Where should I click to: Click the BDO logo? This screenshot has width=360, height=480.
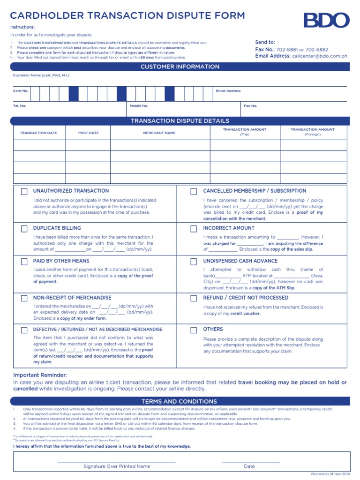pos(326,21)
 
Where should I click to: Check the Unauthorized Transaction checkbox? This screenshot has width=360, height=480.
pos(24,192)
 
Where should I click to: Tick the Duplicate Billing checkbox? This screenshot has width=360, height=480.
pos(24,229)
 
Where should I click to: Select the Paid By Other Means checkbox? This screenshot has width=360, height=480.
pos(24,262)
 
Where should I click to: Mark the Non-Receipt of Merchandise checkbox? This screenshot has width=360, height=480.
pos(24,298)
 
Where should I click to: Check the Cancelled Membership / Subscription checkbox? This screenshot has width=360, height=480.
pos(193,192)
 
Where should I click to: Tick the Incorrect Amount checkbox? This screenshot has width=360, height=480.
pos(193,229)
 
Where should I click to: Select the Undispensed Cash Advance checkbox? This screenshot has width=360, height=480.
pos(193,262)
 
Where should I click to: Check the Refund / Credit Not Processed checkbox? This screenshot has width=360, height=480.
pos(193,298)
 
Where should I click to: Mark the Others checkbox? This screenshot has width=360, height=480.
pos(193,330)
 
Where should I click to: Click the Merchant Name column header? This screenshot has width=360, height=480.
pos(159,133)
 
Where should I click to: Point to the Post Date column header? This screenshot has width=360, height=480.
pos(88,133)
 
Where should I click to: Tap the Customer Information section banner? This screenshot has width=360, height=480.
pos(180,67)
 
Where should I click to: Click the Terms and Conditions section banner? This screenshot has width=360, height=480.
pos(180,402)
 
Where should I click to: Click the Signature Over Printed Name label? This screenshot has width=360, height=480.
pos(117,466)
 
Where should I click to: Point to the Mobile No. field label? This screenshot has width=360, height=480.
pos(139,106)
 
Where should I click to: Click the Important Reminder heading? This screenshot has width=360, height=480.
pos(40,375)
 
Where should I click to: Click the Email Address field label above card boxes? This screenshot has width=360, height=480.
pos(228,91)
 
